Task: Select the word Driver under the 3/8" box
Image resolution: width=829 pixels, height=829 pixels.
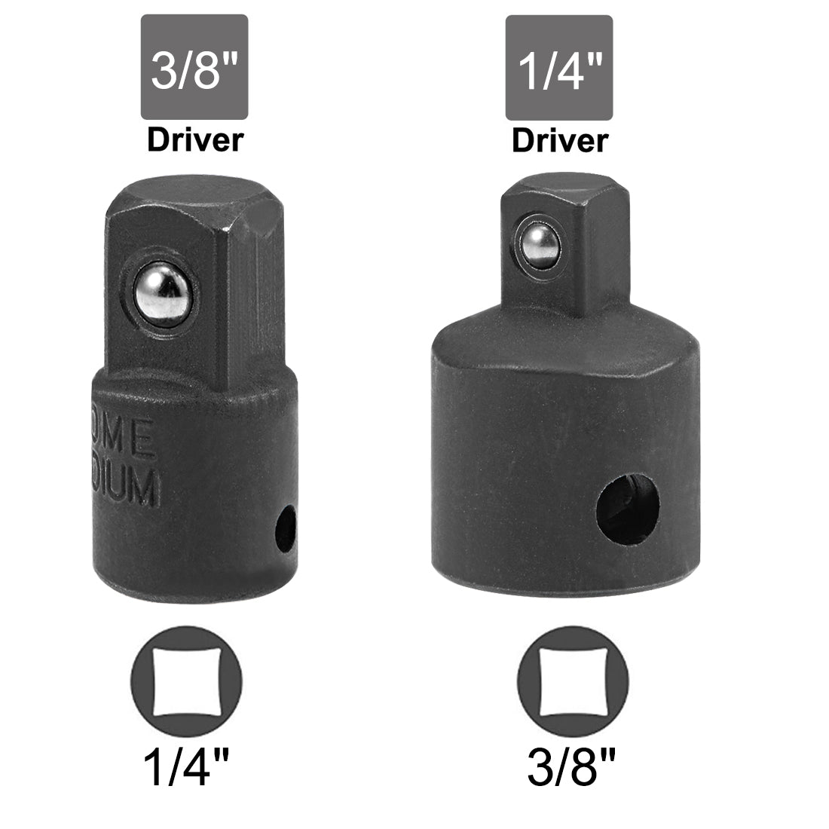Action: click(x=195, y=139)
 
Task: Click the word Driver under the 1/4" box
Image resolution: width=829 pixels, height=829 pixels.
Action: click(x=559, y=140)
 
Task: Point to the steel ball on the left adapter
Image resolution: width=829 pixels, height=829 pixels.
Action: click(x=163, y=287)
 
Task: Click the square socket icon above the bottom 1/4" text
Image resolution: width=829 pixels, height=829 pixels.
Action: click(x=186, y=669)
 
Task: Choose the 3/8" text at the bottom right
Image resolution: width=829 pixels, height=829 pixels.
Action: click(x=574, y=770)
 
